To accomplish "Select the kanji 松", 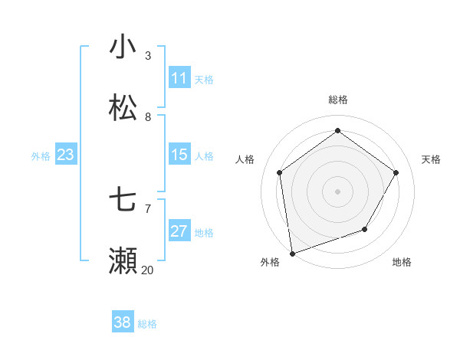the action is (123, 108).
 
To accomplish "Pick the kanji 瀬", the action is (123, 261).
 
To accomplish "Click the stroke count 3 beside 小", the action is (148, 55).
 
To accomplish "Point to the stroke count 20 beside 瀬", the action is (147, 270).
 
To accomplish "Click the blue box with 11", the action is (179, 78).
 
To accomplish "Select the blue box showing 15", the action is (179, 155).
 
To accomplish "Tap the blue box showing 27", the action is (179, 231).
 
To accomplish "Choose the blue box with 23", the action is (66, 155).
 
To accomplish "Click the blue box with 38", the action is (123, 322).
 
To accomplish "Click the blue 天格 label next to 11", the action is (204, 80).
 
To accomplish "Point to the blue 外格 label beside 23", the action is (41, 156).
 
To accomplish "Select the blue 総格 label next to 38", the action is (147, 324).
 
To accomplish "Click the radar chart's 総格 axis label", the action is (338, 100).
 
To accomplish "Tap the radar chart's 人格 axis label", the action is (245, 159).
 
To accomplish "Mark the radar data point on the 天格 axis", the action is (396, 172).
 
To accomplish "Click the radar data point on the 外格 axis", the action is (292, 253).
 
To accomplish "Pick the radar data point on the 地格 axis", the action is (365, 229).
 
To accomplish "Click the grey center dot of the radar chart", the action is (337, 191).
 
